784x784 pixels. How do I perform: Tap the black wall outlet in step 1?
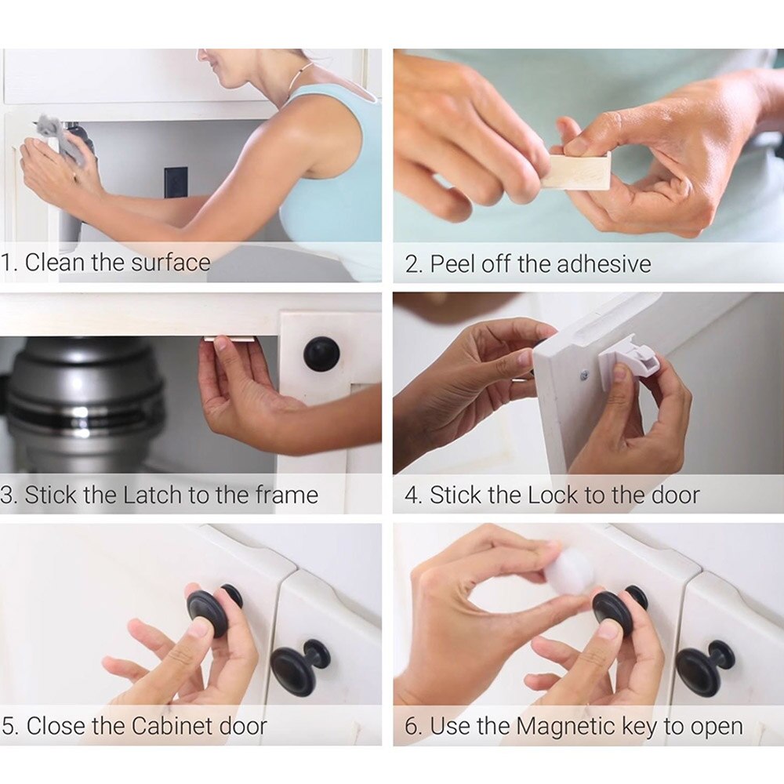point(176,184)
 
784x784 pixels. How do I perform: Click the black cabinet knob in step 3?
point(321,354)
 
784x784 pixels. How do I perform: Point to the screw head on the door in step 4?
point(585,376)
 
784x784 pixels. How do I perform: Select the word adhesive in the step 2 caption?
point(604,263)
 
